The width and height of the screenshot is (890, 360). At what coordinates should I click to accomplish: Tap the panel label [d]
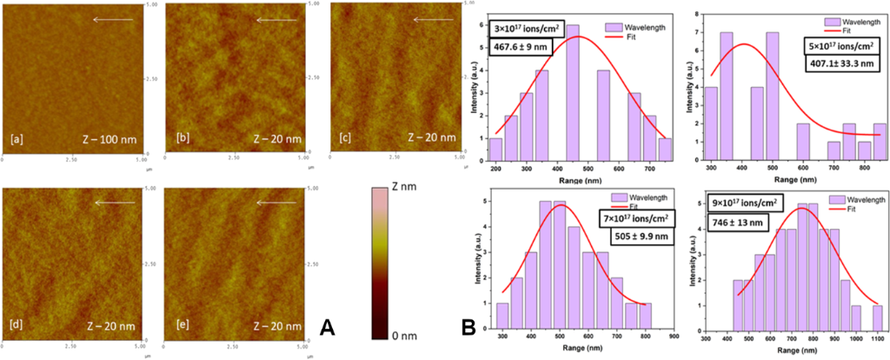tap(18, 325)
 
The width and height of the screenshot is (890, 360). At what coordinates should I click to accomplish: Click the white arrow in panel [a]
tap(113, 19)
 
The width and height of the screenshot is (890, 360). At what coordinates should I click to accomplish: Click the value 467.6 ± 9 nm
tap(523, 50)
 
